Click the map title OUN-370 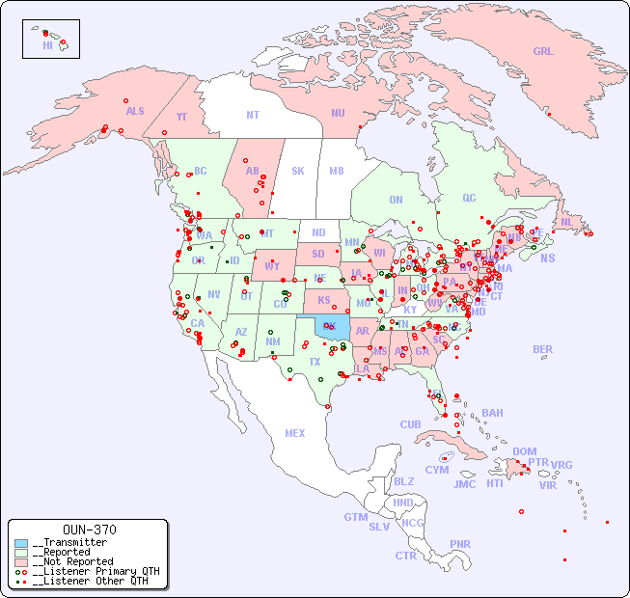pos(89,530)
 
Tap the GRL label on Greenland pos(543,51)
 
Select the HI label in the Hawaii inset pos(47,44)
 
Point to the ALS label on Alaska pos(135,111)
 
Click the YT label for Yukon pos(181,117)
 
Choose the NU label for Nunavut pos(338,113)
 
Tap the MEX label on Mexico pos(295,433)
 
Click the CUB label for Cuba pos(410,424)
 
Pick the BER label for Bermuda pos(542,349)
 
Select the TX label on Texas pos(315,362)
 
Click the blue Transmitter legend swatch pos(21,543)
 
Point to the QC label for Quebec pos(469,198)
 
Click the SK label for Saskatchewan pos(298,171)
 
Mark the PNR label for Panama pos(460,544)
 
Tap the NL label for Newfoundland pos(567,221)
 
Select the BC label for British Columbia pos(201,171)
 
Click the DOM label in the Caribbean pos(524,451)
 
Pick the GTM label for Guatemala pos(355,517)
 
